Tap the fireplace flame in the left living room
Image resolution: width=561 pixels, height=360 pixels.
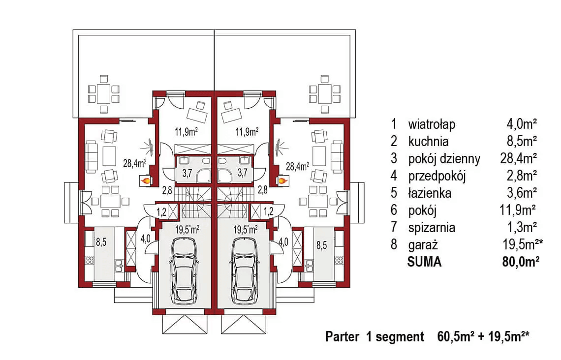146,181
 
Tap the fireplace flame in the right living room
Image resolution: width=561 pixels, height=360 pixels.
282,181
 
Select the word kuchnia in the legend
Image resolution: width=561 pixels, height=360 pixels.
428,142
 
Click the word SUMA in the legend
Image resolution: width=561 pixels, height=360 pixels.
424,262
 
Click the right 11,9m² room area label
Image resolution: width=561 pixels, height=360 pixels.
247,131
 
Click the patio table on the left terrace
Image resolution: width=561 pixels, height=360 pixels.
104,92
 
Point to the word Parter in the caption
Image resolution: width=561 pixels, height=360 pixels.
343,337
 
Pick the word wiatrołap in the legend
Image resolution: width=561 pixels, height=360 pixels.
432,124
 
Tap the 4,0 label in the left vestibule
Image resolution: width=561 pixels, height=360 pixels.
146,240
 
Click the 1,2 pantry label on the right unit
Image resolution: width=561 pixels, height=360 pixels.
268,212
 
